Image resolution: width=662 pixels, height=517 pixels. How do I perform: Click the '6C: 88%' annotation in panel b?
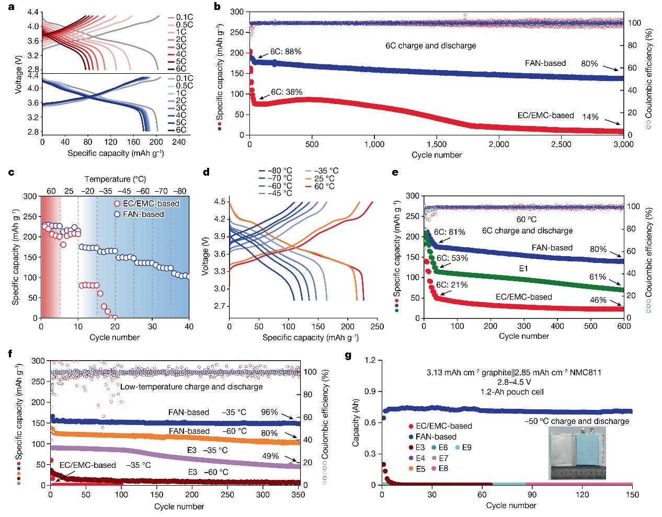(286, 52)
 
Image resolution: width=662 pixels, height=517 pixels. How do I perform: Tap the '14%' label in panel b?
(591, 118)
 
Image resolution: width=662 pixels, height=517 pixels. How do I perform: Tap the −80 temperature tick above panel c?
(180, 191)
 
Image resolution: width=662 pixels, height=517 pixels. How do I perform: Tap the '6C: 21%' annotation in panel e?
(452, 285)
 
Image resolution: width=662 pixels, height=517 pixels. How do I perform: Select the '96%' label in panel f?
(269, 412)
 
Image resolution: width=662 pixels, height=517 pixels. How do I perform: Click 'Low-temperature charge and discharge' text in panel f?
(191, 387)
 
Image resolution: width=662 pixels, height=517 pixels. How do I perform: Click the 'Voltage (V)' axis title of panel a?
(19, 76)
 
